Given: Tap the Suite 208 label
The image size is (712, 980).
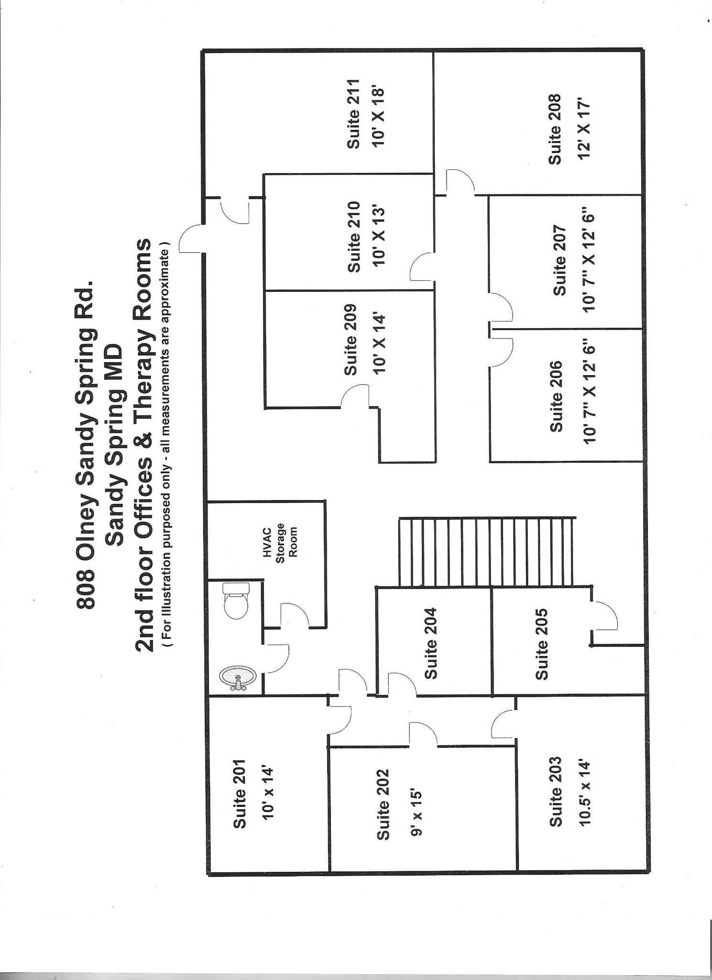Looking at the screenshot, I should pyautogui.click(x=555, y=129).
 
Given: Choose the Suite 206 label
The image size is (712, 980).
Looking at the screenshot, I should pyautogui.click(x=557, y=397).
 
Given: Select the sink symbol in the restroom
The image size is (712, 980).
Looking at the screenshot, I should pyautogui.click(x=238, y=678).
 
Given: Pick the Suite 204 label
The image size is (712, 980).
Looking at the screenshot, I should pyautogui.click(x=431, y=643).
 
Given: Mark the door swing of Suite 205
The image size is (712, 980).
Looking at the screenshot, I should pyautogui.click(x=605, y=616).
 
